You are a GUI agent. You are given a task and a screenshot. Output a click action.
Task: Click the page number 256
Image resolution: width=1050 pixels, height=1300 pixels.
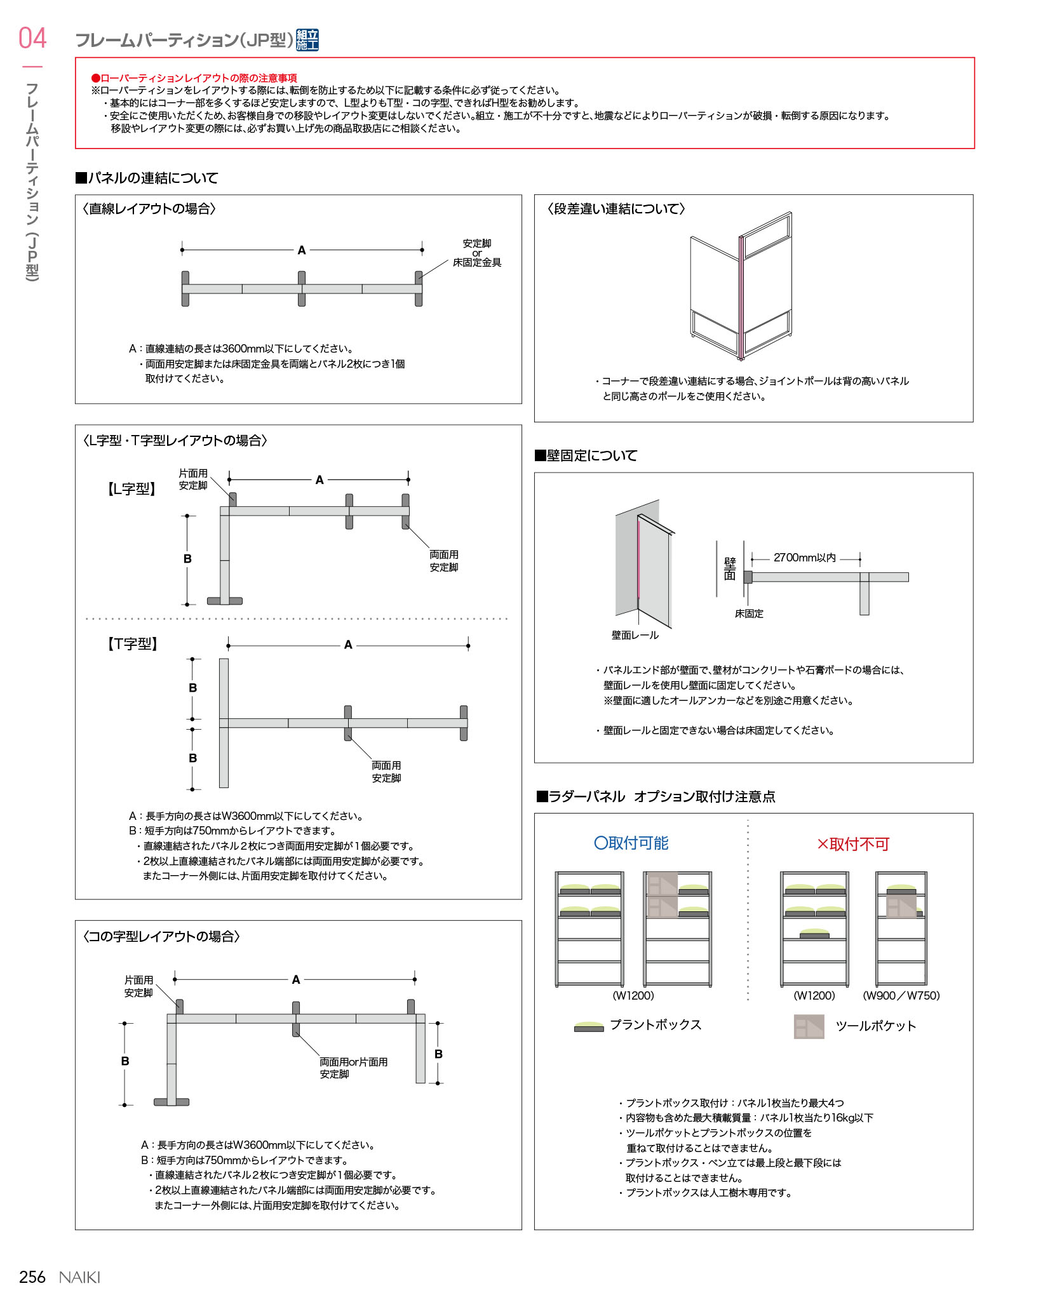32,1277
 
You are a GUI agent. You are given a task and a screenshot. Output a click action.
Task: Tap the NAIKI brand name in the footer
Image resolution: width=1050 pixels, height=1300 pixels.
79,1277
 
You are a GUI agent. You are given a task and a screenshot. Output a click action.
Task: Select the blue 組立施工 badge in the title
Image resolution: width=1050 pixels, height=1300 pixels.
307,40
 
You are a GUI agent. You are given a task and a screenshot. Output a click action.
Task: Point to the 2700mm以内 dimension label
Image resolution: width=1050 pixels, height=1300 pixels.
804,558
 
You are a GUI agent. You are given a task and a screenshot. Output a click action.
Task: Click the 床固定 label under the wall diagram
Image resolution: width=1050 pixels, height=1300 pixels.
749,613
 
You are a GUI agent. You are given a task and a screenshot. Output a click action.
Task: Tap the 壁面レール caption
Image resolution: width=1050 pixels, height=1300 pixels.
635,635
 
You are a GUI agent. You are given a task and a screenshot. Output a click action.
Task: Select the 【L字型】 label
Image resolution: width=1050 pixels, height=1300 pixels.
131,489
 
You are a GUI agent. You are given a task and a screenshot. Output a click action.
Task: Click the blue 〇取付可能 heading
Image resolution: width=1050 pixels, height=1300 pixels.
631,843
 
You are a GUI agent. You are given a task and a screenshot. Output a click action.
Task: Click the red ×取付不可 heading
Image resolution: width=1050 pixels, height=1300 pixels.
853,844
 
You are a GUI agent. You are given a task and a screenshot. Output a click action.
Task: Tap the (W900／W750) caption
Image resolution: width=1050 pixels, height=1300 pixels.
901,995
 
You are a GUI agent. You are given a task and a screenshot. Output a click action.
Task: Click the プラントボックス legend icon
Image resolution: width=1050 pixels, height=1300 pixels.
589,1026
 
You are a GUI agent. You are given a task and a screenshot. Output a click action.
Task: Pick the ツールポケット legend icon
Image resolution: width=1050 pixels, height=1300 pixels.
809,1026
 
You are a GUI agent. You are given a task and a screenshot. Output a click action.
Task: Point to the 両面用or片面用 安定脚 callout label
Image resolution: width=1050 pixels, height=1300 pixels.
353,1068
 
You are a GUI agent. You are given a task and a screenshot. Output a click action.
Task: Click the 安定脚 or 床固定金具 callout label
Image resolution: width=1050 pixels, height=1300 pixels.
477,253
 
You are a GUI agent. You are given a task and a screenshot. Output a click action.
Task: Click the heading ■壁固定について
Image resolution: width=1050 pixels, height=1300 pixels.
586,455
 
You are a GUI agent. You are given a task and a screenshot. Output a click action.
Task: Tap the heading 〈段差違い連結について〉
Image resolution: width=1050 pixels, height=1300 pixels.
616,209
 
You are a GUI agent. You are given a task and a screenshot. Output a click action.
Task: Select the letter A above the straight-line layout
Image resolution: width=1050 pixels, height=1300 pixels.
302,250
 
